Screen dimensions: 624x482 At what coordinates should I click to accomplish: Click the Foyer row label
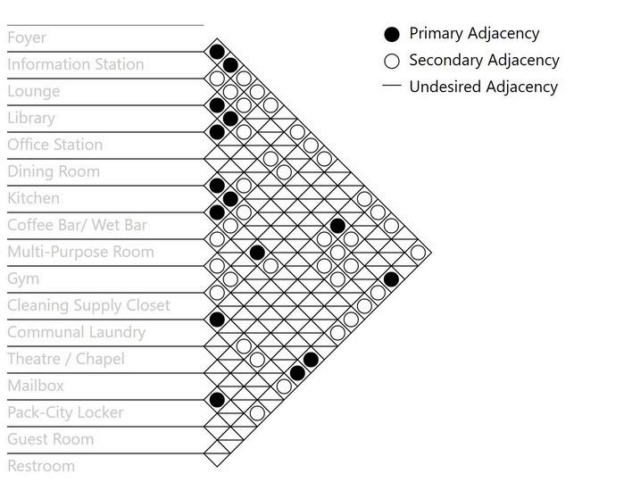(27, 37)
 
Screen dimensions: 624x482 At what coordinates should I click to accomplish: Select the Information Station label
(75, 64)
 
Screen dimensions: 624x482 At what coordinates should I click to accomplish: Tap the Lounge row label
(34, 91)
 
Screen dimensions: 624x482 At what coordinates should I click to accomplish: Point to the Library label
(31, 118)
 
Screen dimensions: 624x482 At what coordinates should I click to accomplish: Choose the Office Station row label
(54, 145)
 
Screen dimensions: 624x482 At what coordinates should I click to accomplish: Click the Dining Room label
(54, 171)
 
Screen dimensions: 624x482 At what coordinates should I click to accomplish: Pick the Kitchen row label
(34, 198)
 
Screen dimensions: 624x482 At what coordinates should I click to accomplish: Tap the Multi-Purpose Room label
(80, 252)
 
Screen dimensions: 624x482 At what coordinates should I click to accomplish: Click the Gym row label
(23, 278)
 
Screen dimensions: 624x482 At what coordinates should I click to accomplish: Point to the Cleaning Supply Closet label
(88, 305)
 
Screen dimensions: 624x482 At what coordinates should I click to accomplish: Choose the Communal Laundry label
(76, 332)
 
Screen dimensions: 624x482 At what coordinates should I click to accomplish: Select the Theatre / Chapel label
(66, 359)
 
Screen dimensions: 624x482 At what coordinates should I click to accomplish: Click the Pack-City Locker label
(65, 412)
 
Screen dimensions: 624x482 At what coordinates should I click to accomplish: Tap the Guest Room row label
(50, 439)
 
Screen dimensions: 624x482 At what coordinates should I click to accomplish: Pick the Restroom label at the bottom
(41, 466)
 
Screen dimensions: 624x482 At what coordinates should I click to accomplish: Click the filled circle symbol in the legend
(391, 34)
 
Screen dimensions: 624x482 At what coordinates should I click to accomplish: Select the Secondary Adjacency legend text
(484, 60)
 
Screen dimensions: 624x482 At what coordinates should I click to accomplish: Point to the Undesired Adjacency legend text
(483, 87)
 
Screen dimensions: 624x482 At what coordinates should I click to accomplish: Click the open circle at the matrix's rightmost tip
(418, 252)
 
